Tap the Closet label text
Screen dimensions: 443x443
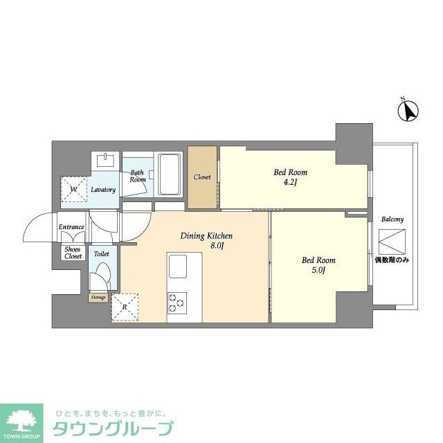pos(202,177)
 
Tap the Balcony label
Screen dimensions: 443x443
pos(392,219)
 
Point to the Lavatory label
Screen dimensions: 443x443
pos(103,190)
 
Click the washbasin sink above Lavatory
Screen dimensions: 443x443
pos(106,161)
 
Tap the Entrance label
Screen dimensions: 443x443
pos(71,227)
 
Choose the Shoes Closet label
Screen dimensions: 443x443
pos(73,252)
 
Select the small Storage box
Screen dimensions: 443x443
pos(98,298)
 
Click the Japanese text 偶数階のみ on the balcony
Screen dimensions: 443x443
pos(392,260)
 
